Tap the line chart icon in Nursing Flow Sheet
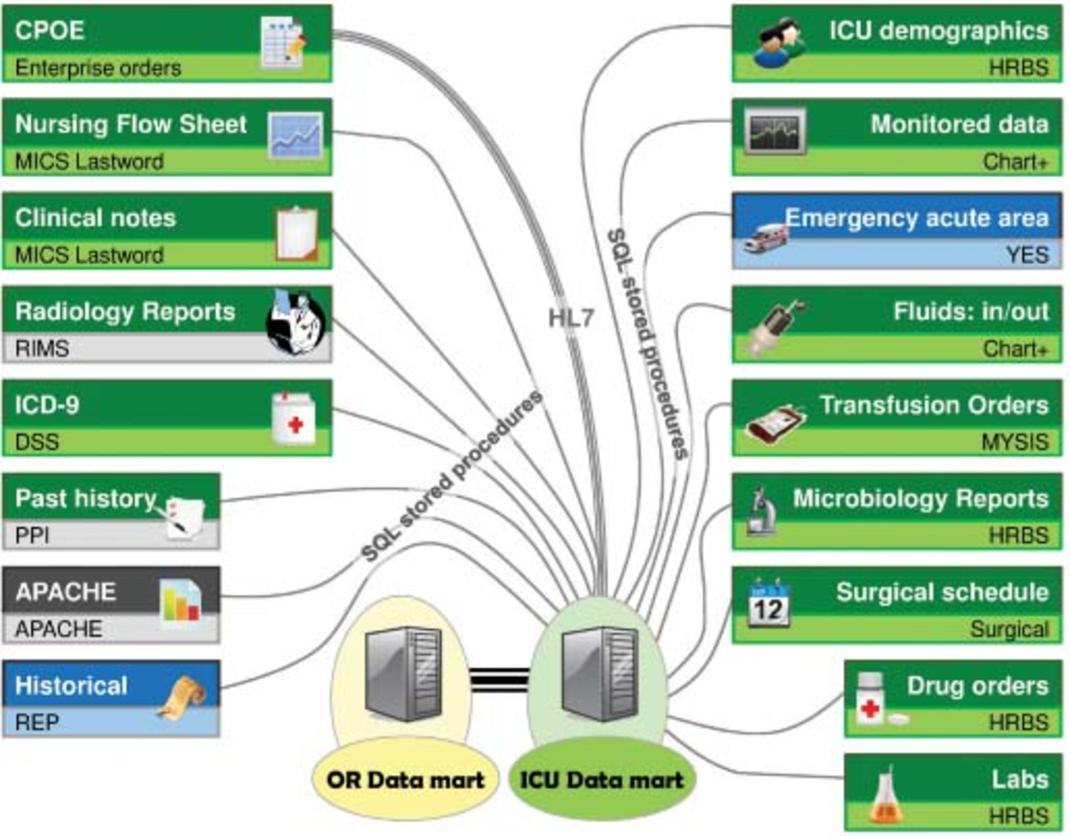coord(295,135)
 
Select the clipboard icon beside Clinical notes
coord(297,234)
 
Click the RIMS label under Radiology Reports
coord(42,349)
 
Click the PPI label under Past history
coord(32,536)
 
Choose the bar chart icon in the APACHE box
coord(179,605)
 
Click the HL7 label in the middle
coord(571,318)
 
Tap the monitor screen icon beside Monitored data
coord(775,132)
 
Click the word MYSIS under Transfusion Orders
coord(1014,442)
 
